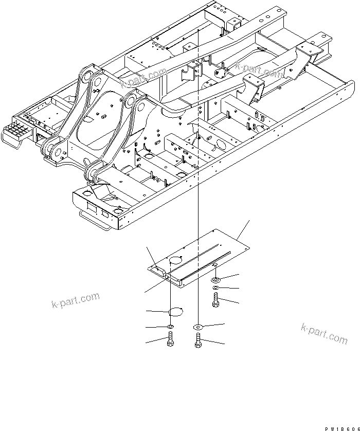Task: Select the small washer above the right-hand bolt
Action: tap(216, 288)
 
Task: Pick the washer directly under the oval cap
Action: tap(170, 327)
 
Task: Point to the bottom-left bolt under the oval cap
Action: tap(170, 340)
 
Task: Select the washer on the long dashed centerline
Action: tap(197, 327)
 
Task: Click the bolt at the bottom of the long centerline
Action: tap(197, 341)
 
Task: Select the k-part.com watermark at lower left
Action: tap(75, 300)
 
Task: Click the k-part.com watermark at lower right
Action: tap(324, 333)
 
